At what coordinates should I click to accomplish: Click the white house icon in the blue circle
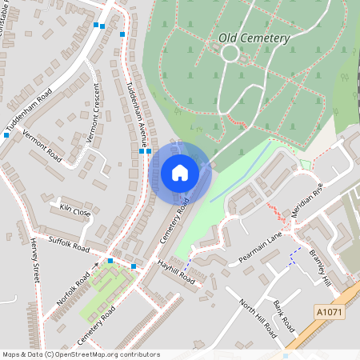180,172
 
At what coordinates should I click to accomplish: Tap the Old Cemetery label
254,38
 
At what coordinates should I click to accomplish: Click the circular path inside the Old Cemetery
230,53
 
